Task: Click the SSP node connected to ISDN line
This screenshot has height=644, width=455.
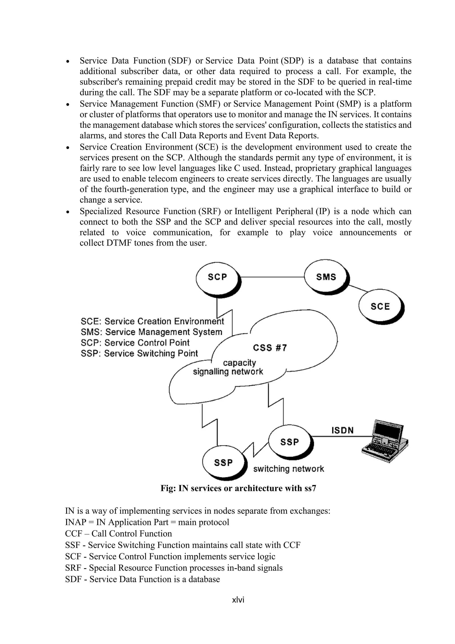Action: (x=290, y=442)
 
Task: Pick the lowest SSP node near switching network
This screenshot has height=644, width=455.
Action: (x=223, y=463)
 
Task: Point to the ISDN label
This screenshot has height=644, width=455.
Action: (x=342, y=430)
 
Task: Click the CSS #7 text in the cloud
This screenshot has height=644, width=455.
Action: (x=270, y=348)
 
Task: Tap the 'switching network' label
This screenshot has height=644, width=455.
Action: (x=289, y=469)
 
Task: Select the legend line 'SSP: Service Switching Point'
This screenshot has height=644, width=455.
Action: (x=139, y=353)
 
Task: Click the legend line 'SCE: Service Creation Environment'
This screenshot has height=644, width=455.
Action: (x=152, y=321)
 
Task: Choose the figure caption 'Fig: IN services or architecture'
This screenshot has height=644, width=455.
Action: (x=238, y=488)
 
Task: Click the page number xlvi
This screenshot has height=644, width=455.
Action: (x=238, y=600)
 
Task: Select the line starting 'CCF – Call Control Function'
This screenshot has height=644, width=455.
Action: (x=118, y=533)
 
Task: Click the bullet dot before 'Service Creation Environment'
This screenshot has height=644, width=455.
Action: (x=68, y=147)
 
